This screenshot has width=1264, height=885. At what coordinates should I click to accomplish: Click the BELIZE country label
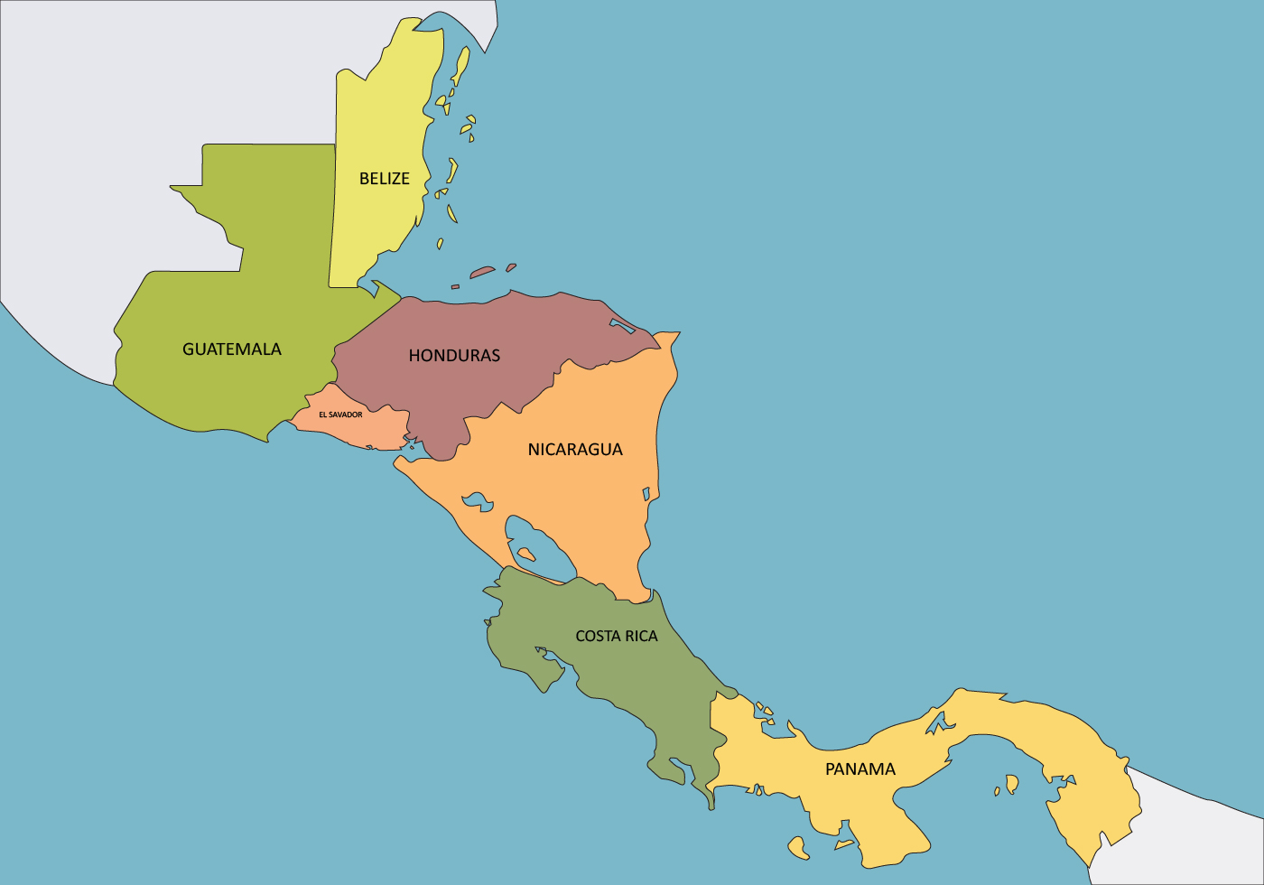coord(385,179)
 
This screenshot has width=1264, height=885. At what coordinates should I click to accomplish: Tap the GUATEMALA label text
coord(232,349)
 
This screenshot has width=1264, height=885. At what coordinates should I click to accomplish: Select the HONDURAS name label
coord(454,355)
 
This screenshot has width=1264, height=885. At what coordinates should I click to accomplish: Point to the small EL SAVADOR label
coord(340,415)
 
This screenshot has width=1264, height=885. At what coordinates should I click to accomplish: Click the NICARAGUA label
coord(575,449)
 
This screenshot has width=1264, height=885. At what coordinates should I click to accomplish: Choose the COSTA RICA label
coord(617,636)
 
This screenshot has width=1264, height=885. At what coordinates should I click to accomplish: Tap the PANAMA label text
coord(860,769)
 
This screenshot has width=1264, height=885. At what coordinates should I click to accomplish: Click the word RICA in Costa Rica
coord(640,636)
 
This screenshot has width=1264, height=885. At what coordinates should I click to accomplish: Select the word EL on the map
coord(322,415)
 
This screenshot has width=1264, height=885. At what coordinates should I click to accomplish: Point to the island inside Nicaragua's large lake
coord(525,554)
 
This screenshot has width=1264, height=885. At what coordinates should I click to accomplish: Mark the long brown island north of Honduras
coord(482,271)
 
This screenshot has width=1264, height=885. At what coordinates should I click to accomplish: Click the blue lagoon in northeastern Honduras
coord(622,325)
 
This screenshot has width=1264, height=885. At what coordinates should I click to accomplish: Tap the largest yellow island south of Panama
coord(797,846)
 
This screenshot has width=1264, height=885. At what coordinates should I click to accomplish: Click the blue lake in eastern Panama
coord(1012,783)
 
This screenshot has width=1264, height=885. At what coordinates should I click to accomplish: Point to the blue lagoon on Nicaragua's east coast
coord(646,494)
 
